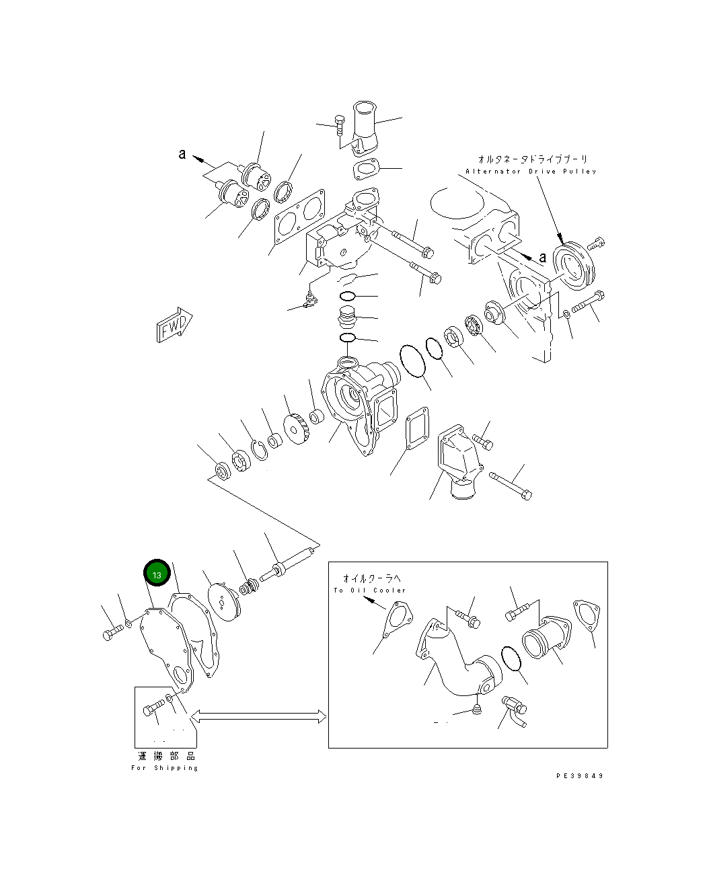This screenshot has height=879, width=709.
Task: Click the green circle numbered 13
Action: click(x=157, y=572)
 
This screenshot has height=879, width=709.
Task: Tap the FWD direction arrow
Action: click(x=174, y=325)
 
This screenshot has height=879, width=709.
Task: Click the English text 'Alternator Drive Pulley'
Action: click(x=531, y=171)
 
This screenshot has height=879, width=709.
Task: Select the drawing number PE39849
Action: click(x=579, y=775)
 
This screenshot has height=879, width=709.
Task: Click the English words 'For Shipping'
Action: click(x=165, y=768)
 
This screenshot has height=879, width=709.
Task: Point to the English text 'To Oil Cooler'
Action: click(x=369, y=590)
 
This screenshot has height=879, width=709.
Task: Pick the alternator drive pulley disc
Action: click(x=574, y=266)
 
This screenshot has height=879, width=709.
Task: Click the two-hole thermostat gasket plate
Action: click(x=299, y=217)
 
